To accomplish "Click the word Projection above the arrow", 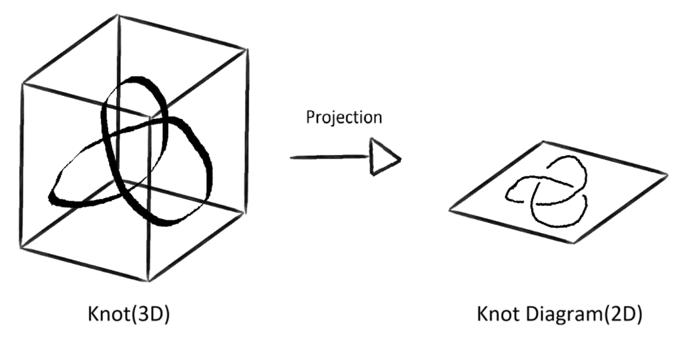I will [344, 119].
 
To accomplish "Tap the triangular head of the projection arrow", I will [384, 159].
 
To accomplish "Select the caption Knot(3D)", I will [128, 316].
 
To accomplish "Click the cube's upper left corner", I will [24, 83].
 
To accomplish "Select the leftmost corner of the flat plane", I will [449, 210].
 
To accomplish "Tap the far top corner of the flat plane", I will [541, 142].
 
